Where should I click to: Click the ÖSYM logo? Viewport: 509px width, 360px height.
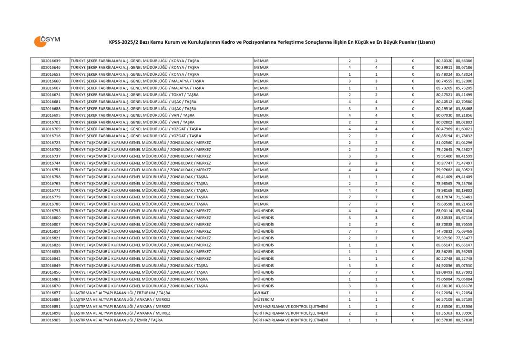click(x=47, y=41)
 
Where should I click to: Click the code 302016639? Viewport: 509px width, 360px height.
click(x=51, y=61)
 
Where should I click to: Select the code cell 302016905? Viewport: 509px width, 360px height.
click(x=51, y=320)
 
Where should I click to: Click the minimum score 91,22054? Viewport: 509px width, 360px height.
click(x=444, y=293)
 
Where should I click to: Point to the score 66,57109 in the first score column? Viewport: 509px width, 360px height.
click(x=444, y=299)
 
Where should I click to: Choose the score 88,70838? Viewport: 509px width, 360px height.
click(x=444, y=225)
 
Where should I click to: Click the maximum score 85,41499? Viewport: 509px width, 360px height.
click(x=464, y=95)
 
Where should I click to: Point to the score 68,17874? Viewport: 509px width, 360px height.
click(x=444, y=197)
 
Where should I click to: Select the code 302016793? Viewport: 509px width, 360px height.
click(x=51, y=211)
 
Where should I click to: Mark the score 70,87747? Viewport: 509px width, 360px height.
click(x=444, y=163)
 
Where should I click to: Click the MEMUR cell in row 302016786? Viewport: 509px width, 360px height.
click(x=262, y=204)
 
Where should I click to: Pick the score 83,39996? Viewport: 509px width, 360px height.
click(x=464, y=313)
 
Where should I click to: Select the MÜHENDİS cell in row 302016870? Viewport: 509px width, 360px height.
click(x=264, y=286)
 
